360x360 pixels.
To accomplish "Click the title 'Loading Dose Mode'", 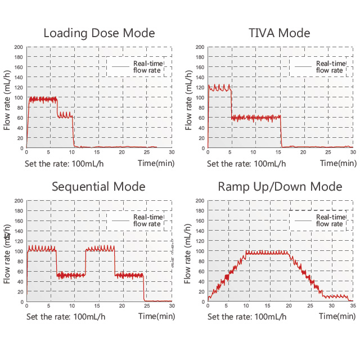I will tap(99, 33).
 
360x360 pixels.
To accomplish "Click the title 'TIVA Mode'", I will tap(280, 33).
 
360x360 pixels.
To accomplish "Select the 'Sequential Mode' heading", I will tap(98, 187).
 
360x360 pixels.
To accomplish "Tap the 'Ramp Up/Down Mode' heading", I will tap(280, 187).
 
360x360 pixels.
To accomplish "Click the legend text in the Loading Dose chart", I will tap(148, 66).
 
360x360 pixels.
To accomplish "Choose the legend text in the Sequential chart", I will tap(148, 220).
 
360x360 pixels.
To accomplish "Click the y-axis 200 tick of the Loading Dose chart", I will tap(18, 47).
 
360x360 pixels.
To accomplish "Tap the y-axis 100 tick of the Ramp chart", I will tap(200, 251).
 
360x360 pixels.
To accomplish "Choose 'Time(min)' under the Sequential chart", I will tap(156, 316).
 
